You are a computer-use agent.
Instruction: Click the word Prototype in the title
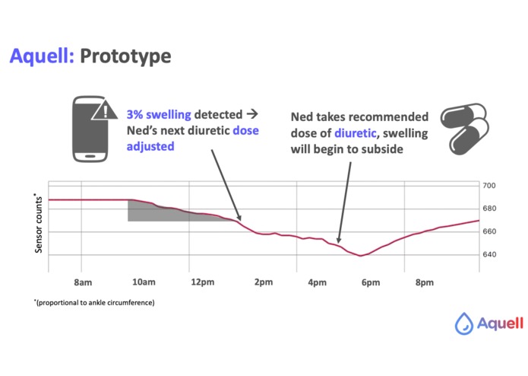125,56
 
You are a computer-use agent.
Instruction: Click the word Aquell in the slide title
42,56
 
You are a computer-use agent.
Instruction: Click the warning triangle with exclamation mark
105,110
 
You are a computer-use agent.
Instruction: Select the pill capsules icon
465,129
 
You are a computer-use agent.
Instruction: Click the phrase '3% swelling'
159,115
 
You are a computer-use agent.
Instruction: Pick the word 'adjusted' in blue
150,146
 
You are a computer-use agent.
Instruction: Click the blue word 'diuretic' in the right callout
355,133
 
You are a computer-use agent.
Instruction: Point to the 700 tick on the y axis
489,186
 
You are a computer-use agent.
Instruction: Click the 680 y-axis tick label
489,209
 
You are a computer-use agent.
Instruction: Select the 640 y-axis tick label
489,254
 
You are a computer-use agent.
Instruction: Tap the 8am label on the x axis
83,282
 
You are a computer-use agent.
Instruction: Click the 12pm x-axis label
203,282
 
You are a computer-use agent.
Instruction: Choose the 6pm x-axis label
371,282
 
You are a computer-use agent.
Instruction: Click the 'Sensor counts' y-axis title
38,223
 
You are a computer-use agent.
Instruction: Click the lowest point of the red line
361,256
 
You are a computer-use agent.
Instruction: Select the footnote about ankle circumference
94,302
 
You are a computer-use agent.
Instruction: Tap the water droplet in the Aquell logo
464,323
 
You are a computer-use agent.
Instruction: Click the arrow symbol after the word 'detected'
252,114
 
